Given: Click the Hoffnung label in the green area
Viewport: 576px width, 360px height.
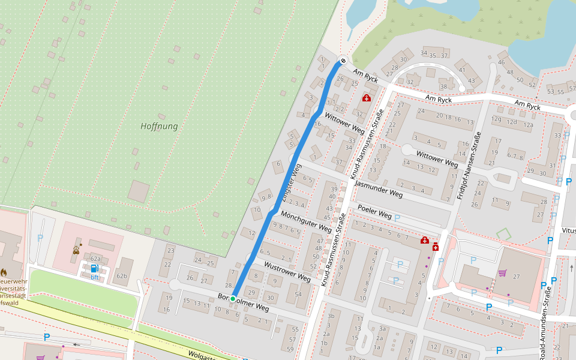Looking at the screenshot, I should point(159,127).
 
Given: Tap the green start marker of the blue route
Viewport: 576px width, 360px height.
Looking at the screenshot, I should point(233,298).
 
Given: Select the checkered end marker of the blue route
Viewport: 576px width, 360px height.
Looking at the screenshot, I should point(343,60).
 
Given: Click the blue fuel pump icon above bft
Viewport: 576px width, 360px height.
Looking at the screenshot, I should point(94,268).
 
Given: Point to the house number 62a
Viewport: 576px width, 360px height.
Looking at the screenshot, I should point(96,259).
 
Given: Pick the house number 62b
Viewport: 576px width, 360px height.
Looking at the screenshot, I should point(122,276).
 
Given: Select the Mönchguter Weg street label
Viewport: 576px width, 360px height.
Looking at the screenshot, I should point(306,222).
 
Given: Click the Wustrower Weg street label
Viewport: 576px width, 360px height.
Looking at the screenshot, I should point(287,272).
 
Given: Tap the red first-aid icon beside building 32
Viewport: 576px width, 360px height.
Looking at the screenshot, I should point(366,98).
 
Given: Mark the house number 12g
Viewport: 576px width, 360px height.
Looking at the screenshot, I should point(496,119).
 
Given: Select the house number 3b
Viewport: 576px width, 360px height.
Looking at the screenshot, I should point(331,316).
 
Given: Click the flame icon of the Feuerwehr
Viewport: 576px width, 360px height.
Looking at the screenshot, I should point(4,271).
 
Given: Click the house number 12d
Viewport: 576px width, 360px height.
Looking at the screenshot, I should point(511,122).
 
